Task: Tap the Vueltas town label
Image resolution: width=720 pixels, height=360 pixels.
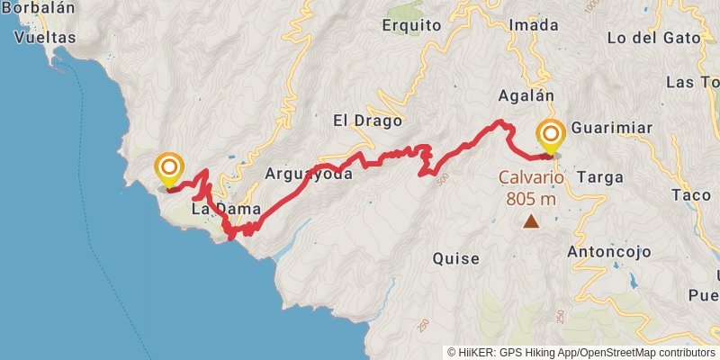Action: [44, 38]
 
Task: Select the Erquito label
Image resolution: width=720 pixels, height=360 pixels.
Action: [411, 25]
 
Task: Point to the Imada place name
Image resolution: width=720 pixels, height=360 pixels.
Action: [527, 25]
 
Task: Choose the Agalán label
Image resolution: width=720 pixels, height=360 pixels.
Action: [525, 94]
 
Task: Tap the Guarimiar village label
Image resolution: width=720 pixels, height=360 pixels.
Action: [611, 128]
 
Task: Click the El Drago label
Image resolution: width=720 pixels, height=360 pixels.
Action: [364, 120]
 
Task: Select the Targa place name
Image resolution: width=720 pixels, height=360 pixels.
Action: [600, 176]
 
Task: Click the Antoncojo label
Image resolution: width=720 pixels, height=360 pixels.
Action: [608, 252]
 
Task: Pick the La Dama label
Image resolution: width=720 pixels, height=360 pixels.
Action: [226, 209]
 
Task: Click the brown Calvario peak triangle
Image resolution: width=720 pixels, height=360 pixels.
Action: [531, 220]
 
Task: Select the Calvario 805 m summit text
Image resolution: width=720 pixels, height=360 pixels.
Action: [531, 188]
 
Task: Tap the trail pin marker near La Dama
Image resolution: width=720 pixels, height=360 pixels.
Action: [169, 169]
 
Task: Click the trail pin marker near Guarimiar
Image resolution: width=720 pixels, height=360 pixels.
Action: [550, 137]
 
